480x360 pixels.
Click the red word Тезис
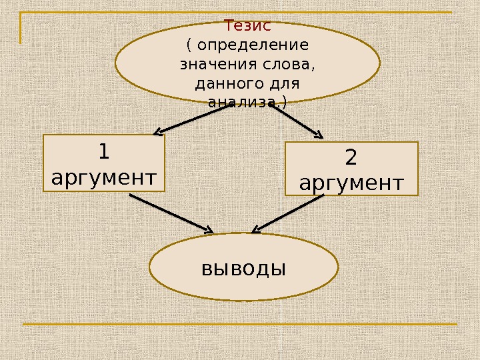[247, 27]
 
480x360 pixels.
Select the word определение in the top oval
[253, 46]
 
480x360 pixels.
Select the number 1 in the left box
[103, 153]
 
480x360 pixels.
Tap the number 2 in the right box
[351, 158]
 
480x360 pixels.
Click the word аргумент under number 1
[104, 178]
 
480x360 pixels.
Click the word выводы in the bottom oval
[243, 268]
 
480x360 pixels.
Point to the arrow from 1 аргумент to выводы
[170, 213]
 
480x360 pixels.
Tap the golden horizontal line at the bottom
[240, 325]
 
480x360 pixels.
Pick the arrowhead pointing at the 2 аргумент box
[318, 136]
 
